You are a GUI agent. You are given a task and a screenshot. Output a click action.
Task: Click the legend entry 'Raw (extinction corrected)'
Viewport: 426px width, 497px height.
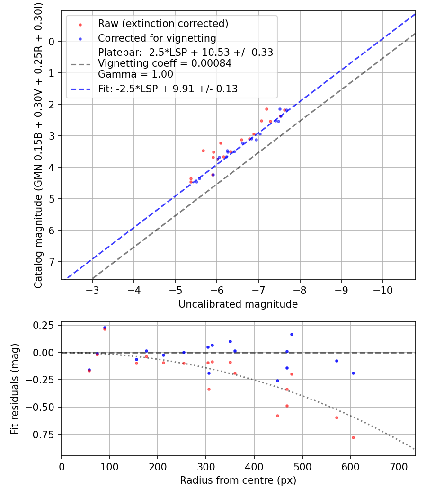pyautogui.click(x=163, y=23)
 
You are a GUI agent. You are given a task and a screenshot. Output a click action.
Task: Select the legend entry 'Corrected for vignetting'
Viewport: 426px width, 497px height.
pyautogui.click(x=157, y=38)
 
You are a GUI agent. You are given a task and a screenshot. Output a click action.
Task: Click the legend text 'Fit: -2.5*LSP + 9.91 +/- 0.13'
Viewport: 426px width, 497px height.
pyautogui.click(x=168, y=89)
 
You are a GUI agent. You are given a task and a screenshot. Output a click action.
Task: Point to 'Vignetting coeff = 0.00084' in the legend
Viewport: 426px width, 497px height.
pyautogui.click(x=165, y=63)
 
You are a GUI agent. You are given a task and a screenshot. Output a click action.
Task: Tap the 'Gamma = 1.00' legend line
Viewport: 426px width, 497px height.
pyautogui.click(x=135, y=74)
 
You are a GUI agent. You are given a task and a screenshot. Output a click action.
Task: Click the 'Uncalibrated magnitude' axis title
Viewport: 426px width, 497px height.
pyautogui.click(x=238, y=304)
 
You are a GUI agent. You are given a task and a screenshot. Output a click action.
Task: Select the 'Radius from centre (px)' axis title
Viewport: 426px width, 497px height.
pyautogui.click(x=238, y=480)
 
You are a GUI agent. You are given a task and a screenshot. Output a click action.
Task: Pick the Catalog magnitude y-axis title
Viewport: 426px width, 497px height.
pyautogui.click(x=39, y=145)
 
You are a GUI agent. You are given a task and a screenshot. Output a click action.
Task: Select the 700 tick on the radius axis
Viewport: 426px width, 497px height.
pyautogui.click(x=399, y=466)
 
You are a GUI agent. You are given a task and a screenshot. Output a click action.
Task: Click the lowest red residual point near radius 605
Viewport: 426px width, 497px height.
pyautogui.click(x=353, y=437)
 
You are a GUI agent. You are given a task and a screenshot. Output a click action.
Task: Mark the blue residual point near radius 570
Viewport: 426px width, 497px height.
pyautogui.click(x=337, y=361)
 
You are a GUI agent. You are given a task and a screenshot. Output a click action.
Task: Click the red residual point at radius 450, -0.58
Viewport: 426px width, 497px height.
pyautogui.click(x=277, y=416)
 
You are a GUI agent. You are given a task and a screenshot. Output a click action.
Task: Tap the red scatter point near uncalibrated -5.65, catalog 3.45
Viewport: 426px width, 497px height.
pyautogui.click(x=203, y=151)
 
